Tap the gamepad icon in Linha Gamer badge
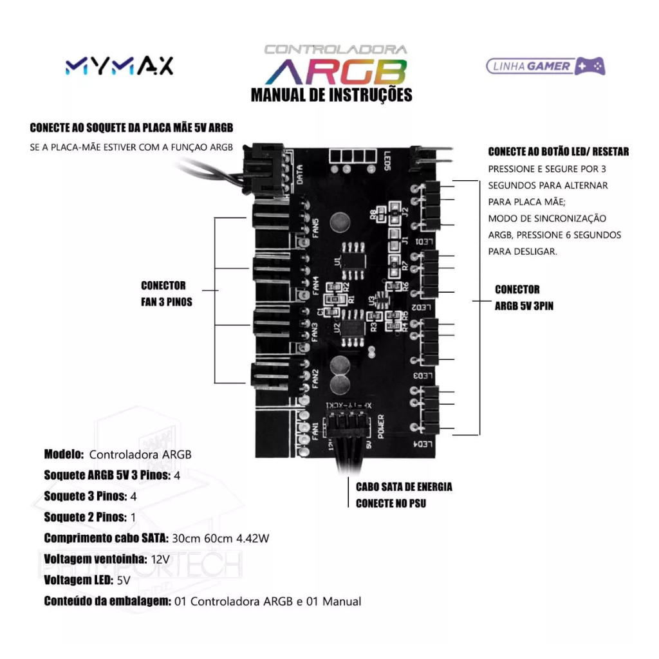coord(589,66)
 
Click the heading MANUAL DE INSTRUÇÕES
coord(331,96)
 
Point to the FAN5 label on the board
coord(315,227)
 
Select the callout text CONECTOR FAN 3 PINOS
coord(166,293)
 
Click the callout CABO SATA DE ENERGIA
coord(404,487)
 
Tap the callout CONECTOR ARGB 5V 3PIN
coord(523,298)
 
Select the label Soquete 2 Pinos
coord(85,517)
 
